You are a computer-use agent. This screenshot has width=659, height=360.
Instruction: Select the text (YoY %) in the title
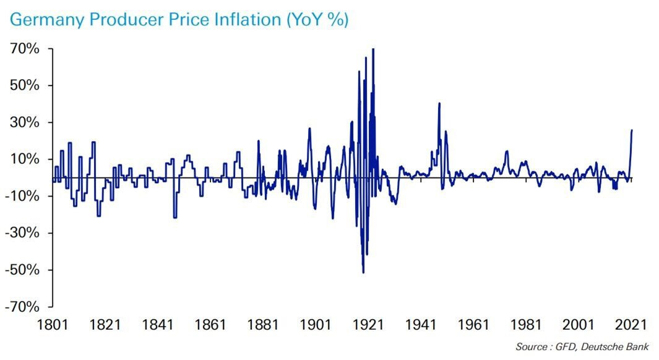tap(317, 20)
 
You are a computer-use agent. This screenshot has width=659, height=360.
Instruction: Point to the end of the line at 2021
tap(632, 130)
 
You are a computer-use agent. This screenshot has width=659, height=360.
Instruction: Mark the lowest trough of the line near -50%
tap(363, 272)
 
